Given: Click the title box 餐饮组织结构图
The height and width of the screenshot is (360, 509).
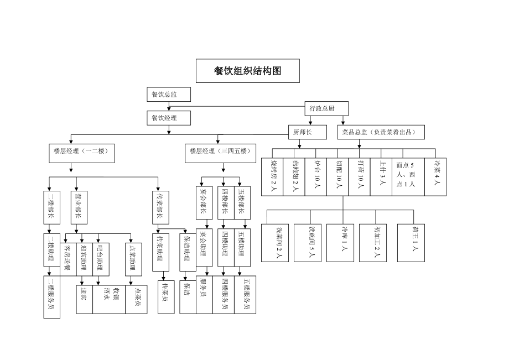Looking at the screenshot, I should pyautogui.click(x=247, y=71).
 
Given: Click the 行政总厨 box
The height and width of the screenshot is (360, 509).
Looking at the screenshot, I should pyautogui.click(x=319, y=109).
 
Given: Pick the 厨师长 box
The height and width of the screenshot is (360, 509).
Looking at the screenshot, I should pyautogui.click(x=302, y=132).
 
